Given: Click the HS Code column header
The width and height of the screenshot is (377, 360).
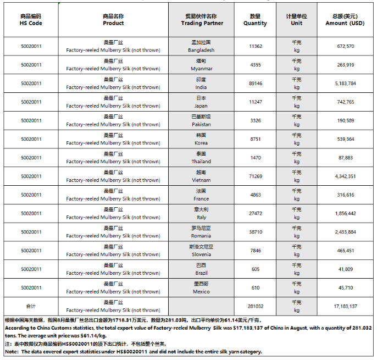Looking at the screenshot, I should click(31, 20).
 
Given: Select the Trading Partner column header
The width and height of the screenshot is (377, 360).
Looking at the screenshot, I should click(202, 20).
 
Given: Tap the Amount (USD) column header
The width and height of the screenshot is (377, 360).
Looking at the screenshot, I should click(344, 20).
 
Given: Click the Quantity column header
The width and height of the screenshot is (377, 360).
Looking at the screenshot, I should click(255, 20).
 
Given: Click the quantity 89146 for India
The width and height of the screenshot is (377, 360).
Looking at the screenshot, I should click(255, 84).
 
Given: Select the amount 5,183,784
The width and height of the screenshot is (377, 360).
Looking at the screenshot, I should click(344, 84).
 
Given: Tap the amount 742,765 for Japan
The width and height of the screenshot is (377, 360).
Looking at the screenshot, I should click(344, 102).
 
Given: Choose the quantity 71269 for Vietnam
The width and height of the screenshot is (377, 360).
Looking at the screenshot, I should click(255, 176).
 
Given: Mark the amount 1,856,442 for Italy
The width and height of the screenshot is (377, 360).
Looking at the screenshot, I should click(344, 213).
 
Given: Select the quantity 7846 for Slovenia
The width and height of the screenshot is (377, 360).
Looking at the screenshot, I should click(255, 251).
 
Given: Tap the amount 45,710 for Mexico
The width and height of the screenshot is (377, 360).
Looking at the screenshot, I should click(344, 287).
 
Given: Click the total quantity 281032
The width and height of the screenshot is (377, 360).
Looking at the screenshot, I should click(255, 306).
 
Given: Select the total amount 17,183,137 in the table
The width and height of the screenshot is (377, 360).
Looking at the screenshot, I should click(344, 306).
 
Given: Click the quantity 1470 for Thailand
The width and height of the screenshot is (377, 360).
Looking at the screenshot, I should click(255, 158).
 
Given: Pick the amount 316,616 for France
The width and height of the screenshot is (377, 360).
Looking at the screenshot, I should click(344, 195).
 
